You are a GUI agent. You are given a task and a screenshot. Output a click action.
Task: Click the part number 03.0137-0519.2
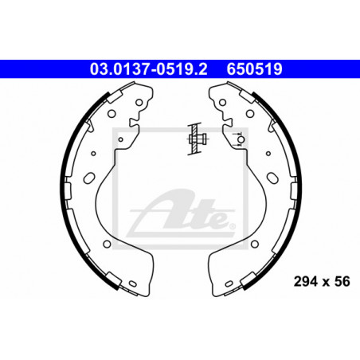(148, 69)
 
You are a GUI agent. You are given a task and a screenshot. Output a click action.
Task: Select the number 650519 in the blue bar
(254, 69)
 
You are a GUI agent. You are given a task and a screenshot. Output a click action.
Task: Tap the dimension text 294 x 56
(322, 282)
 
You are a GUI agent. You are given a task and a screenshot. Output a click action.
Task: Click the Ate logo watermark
(181, 212)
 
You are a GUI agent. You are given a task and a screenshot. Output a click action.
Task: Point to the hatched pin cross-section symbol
(197, 139)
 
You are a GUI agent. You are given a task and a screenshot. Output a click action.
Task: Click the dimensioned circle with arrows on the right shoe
(241, 139)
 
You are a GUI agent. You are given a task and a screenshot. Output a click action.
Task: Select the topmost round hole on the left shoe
(139, 102)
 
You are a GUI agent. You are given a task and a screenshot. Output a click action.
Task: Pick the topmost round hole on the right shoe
(222, 102)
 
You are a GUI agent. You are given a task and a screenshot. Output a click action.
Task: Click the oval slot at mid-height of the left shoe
(89, 178)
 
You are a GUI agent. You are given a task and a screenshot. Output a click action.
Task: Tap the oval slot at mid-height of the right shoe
(272, 178)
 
